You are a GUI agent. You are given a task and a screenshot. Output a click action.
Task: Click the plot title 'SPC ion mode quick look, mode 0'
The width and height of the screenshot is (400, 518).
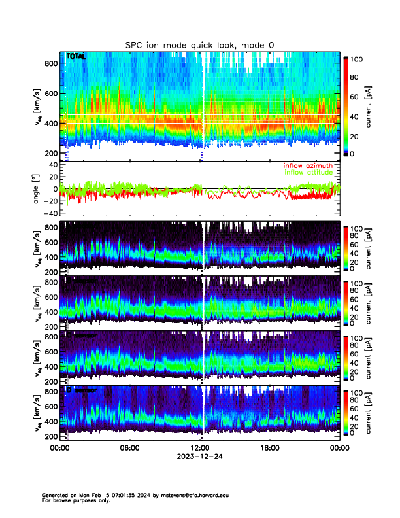(x=199, y=44)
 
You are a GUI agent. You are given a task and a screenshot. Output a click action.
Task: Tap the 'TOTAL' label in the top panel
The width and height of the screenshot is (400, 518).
(x=76, y=57)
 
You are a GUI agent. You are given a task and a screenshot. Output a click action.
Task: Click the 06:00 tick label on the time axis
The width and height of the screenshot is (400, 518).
(x=129, y=448)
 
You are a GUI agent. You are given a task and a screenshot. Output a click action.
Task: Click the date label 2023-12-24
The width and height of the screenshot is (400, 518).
(x=199, y=457)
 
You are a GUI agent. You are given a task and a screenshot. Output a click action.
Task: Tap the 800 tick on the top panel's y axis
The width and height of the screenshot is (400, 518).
(x=50, y=63)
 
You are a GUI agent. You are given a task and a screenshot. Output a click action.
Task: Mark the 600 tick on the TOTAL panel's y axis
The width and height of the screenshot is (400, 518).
(x=50, y=93)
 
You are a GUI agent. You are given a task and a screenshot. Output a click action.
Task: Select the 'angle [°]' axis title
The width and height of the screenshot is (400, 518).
(x=37, y=188)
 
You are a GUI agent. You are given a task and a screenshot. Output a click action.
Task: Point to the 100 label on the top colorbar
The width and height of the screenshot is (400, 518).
(x=357, y=59)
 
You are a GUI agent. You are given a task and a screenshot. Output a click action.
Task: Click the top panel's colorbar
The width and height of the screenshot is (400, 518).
(x=346, y=106)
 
